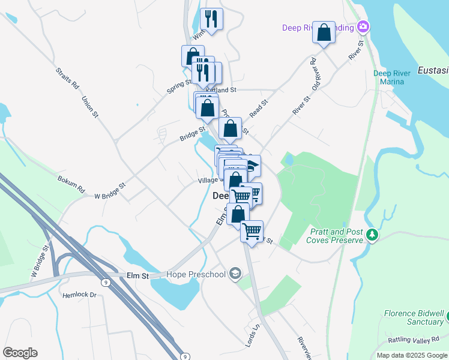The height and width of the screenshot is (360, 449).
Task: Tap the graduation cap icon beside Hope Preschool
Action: (235, 274)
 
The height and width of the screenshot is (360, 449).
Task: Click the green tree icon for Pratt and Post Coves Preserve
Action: (373, 234)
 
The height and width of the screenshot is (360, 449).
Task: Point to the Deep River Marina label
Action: (392, 77)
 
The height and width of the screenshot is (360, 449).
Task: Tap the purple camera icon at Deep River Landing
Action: (363, 26)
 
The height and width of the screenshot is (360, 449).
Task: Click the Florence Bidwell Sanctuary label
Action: (414, 317)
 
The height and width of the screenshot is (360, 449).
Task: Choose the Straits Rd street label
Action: (67, 78)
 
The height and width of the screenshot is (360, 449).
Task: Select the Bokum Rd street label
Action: (71, 182)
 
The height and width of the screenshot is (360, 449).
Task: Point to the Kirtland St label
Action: (225, 90)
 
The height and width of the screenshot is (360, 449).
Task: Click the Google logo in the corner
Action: (20, 353)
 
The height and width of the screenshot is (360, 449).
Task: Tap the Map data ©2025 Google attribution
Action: (411, 355)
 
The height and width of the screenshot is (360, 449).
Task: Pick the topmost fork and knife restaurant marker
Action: (211, 19)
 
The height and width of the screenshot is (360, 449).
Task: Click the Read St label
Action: (258, 109)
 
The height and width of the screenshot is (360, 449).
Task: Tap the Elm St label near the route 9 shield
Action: (138, 275)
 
